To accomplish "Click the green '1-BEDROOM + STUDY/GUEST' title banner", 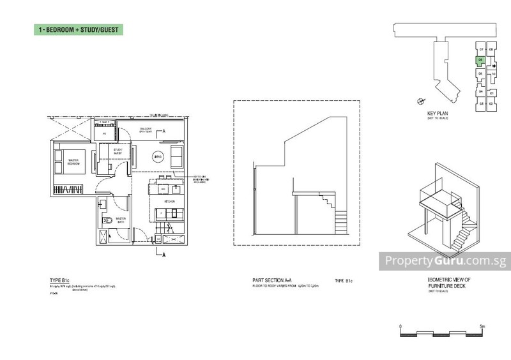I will coord(78,30).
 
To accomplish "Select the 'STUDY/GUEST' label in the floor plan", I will coord(118,151).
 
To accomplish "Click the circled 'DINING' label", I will coord(159,156).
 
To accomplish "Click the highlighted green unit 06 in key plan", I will coord(480,61).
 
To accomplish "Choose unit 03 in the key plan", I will coord(480,103).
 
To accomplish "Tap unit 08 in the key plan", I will coord(491,49).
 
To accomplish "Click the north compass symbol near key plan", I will coord(420,100).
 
